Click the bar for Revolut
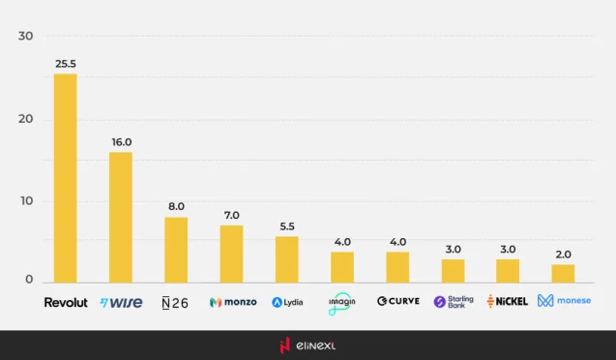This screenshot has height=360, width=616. point(65,177)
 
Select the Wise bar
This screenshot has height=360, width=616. point(121,216)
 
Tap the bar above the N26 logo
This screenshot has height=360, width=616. point(176,249)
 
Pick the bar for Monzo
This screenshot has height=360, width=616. point(231,253)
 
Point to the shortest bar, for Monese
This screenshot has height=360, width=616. point(563,272)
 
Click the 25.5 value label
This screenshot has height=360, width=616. point(66,64)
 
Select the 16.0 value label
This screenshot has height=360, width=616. point(121,142)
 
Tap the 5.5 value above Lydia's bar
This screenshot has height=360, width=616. point(287,226)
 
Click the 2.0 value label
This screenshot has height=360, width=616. point(563,255)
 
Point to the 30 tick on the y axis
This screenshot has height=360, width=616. point(26,37)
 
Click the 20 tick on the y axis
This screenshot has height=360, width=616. point(26,119)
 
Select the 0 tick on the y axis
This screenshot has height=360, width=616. point(29,280)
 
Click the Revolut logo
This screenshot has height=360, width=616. point(66,302)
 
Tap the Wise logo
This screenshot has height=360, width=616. point(121,302)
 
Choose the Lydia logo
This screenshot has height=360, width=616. point(287,302)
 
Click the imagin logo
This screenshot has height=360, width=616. point(342,302)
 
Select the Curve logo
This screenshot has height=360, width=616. point(397,302)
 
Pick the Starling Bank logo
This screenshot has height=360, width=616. point(454,302)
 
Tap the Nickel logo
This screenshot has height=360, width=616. point(508,302)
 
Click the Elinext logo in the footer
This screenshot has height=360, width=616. point(307,345)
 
